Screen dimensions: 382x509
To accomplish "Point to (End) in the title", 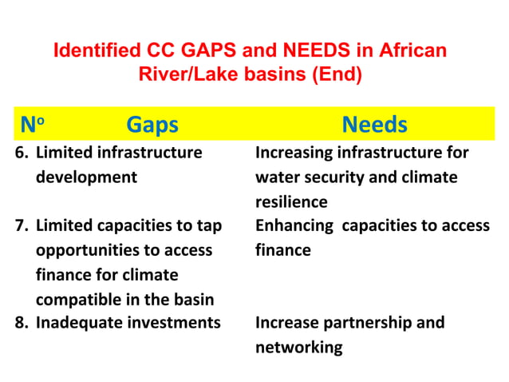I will tap(336, 76).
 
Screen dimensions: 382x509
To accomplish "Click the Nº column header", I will tap(33, 125).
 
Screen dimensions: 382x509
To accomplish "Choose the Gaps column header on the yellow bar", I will tap(152, 125).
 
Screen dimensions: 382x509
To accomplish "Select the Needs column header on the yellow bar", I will tap(374, 125).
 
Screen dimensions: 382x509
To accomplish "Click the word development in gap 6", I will tap(86, 177).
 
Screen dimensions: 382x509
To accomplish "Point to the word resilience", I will tap(291, 201).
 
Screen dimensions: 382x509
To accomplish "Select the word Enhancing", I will tap(293, 226).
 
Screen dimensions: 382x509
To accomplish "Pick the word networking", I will tap(299, 348).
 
